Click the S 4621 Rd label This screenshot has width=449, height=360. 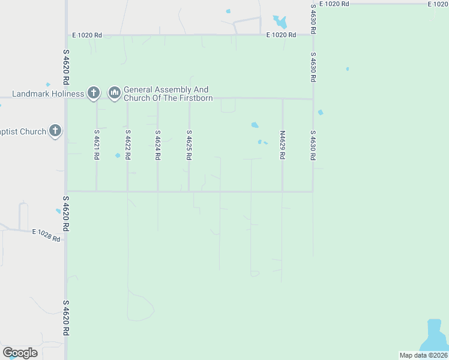coord(96,145)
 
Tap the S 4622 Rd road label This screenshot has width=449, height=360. coord(127,145)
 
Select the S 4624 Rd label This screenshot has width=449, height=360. coord(158,145)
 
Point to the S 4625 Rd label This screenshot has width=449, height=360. coord(189,145)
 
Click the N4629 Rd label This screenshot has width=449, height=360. coord(282,145)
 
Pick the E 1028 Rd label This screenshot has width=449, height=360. coord(46,235)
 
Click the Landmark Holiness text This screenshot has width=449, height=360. coord(49,94)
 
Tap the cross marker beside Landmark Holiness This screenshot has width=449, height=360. coord(93,93)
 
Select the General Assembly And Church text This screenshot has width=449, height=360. coord(168,94)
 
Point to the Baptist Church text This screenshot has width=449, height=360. coord(23,131)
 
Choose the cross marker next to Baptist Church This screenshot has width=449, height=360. coord(55,131)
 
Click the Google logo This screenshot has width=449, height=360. coord(20,353)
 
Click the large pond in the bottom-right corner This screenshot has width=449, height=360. coord(433,335)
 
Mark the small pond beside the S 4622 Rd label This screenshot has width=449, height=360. coord(118,155)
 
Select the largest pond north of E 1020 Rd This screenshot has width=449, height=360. coord(280,22)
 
